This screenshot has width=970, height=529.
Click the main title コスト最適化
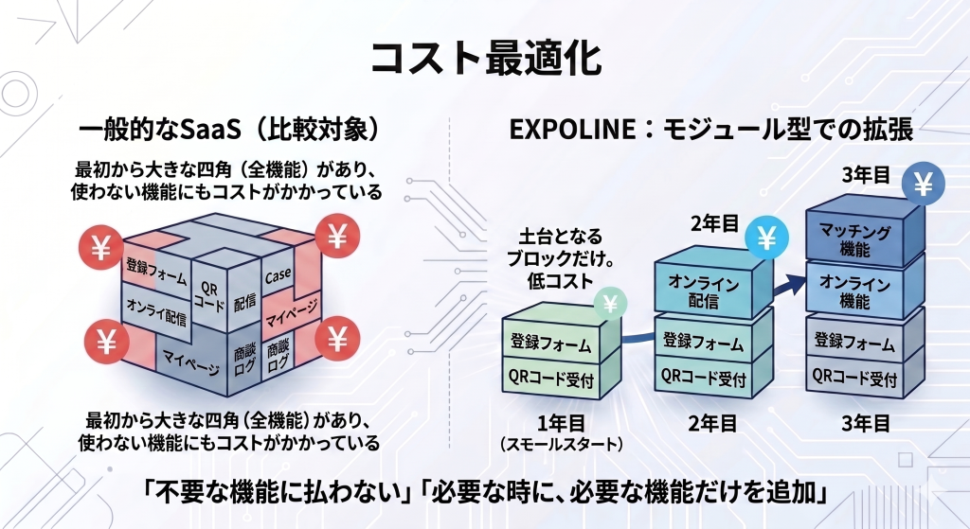tap(484, 59)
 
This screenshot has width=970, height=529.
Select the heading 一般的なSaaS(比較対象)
tap(229, 130)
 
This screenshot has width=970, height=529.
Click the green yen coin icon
tap(610, 304)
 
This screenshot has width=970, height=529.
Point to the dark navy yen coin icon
tap(921, 184)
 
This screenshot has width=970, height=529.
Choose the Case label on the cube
tap(278, 275)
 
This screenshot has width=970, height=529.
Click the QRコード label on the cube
tap(210, 294)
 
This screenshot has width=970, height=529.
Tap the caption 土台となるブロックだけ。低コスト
tap(560, 257)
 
